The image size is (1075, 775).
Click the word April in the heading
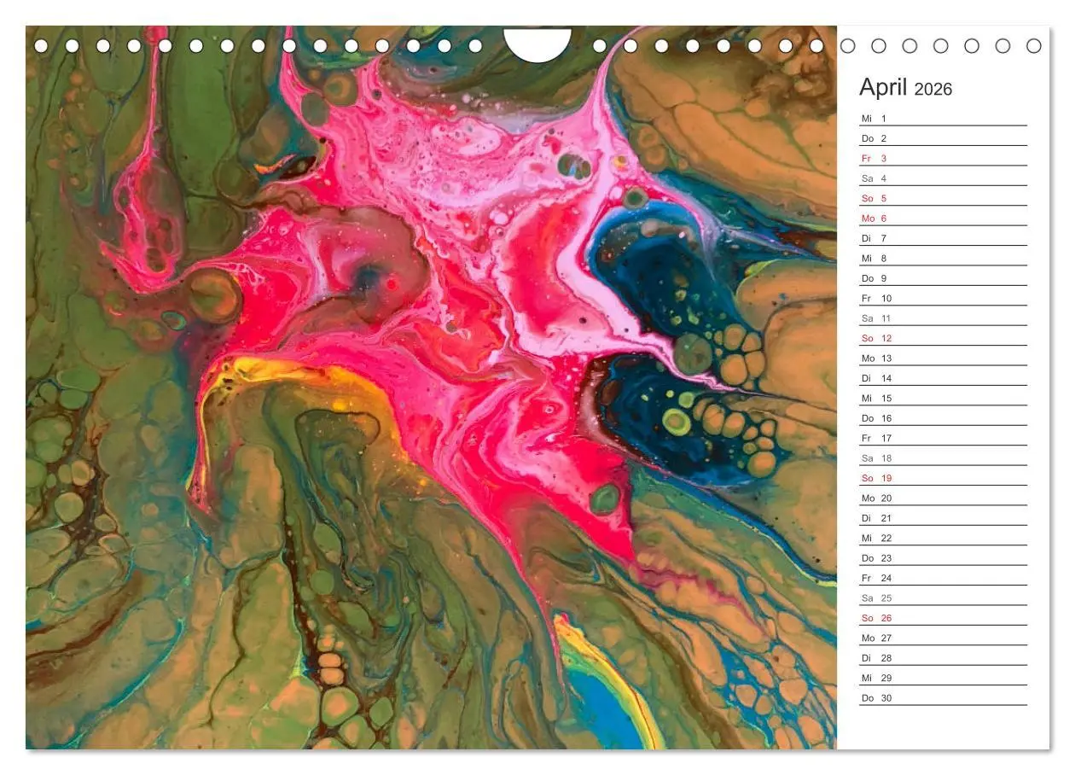point(884,88)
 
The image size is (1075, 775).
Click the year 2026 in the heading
point(933,90)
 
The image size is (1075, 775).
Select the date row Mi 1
point(875,119)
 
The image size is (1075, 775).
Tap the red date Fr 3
point(875,159)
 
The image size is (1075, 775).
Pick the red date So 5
point(875,199)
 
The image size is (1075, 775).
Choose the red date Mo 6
point(875,219)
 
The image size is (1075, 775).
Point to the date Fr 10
point(876,299)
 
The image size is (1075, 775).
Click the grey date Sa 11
point(876,318)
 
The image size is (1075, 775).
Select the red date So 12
point(876,339)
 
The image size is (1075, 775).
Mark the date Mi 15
point(876,399)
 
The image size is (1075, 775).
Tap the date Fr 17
point(876,439)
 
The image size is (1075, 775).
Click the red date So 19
point(876,479)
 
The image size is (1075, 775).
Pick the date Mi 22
point(876,539)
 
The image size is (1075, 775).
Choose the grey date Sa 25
point(876,598)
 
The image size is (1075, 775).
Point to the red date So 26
point(876,619)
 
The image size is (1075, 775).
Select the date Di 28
point(876,658)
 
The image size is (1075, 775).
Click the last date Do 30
point(876,698)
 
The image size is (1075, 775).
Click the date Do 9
point(875,278)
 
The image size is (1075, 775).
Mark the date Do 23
point(876,558)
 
